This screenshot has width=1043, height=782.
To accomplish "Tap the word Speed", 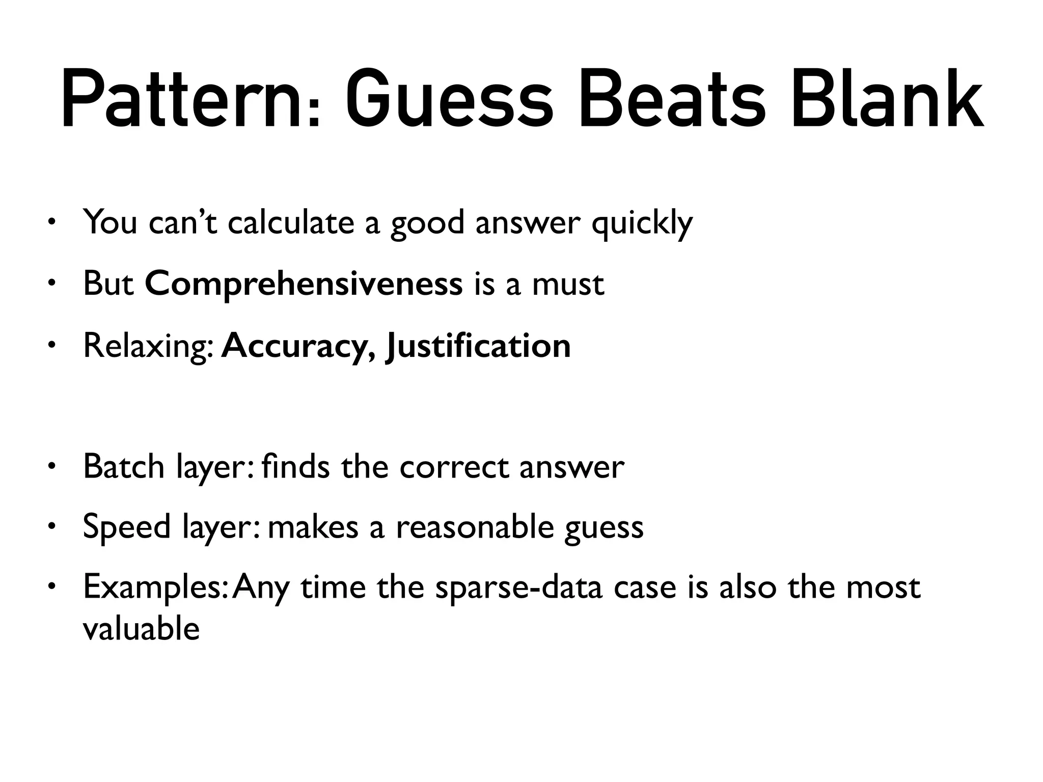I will (127, 527).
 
